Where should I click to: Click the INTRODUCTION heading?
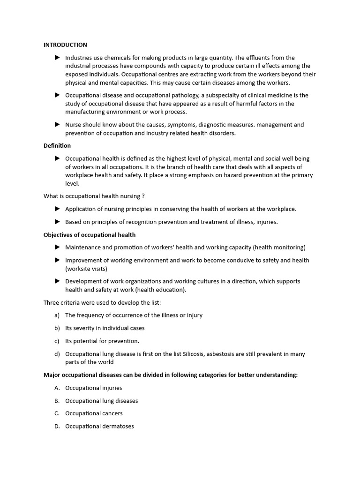point(65,45)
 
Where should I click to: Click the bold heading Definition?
point(57,146)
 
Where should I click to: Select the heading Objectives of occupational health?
point(90,234)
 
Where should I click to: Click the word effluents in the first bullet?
point(260,58)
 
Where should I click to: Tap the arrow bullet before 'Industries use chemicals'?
point(57,58)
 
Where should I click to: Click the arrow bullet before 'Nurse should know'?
point(57,125)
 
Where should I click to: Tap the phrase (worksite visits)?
point(86,269)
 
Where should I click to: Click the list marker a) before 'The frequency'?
point(57,315)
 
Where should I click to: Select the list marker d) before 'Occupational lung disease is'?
point(57,354)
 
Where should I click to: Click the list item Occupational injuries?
point(93,388)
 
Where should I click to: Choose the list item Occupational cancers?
point(94,413)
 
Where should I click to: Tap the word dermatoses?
point(118,427)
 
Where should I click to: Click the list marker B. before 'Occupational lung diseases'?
point(57,401)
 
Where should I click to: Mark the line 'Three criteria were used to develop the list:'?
point(102,302)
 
